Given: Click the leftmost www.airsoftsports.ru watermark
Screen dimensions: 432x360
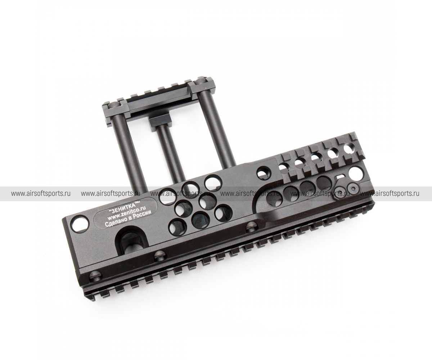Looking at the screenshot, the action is (x=41, y=194).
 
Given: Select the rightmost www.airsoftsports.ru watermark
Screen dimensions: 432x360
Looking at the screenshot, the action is (x=390, y=194).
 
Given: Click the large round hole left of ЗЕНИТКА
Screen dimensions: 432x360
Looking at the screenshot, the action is (x=80, y=224).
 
